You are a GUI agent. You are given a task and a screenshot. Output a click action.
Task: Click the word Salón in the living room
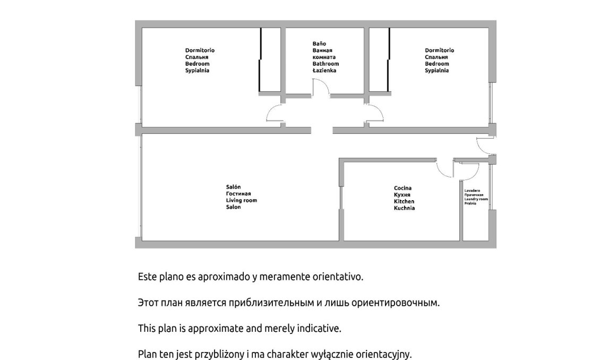coord(234,187)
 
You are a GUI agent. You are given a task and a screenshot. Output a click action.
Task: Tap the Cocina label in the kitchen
coord(403,188)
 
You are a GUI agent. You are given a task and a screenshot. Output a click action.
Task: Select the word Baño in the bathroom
coord(319,44)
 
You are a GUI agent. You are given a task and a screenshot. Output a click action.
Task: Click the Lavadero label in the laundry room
coord(472,191)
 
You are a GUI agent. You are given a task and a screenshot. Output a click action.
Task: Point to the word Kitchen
coord(404,201)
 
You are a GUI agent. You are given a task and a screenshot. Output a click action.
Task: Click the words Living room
coord(242,201)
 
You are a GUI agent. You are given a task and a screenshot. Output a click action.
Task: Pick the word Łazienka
coord(324,71)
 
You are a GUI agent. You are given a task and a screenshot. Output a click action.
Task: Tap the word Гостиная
coord(238,194)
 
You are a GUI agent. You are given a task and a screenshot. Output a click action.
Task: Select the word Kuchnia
coord(405,208)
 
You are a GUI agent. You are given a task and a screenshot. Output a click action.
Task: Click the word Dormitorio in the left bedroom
coord(200,50)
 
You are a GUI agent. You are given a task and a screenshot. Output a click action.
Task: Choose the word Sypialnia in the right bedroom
coord(437,71)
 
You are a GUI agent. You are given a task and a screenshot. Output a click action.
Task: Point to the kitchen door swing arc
coord(441,172)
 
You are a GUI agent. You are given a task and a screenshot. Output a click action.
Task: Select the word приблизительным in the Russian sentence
coord(271,303)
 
